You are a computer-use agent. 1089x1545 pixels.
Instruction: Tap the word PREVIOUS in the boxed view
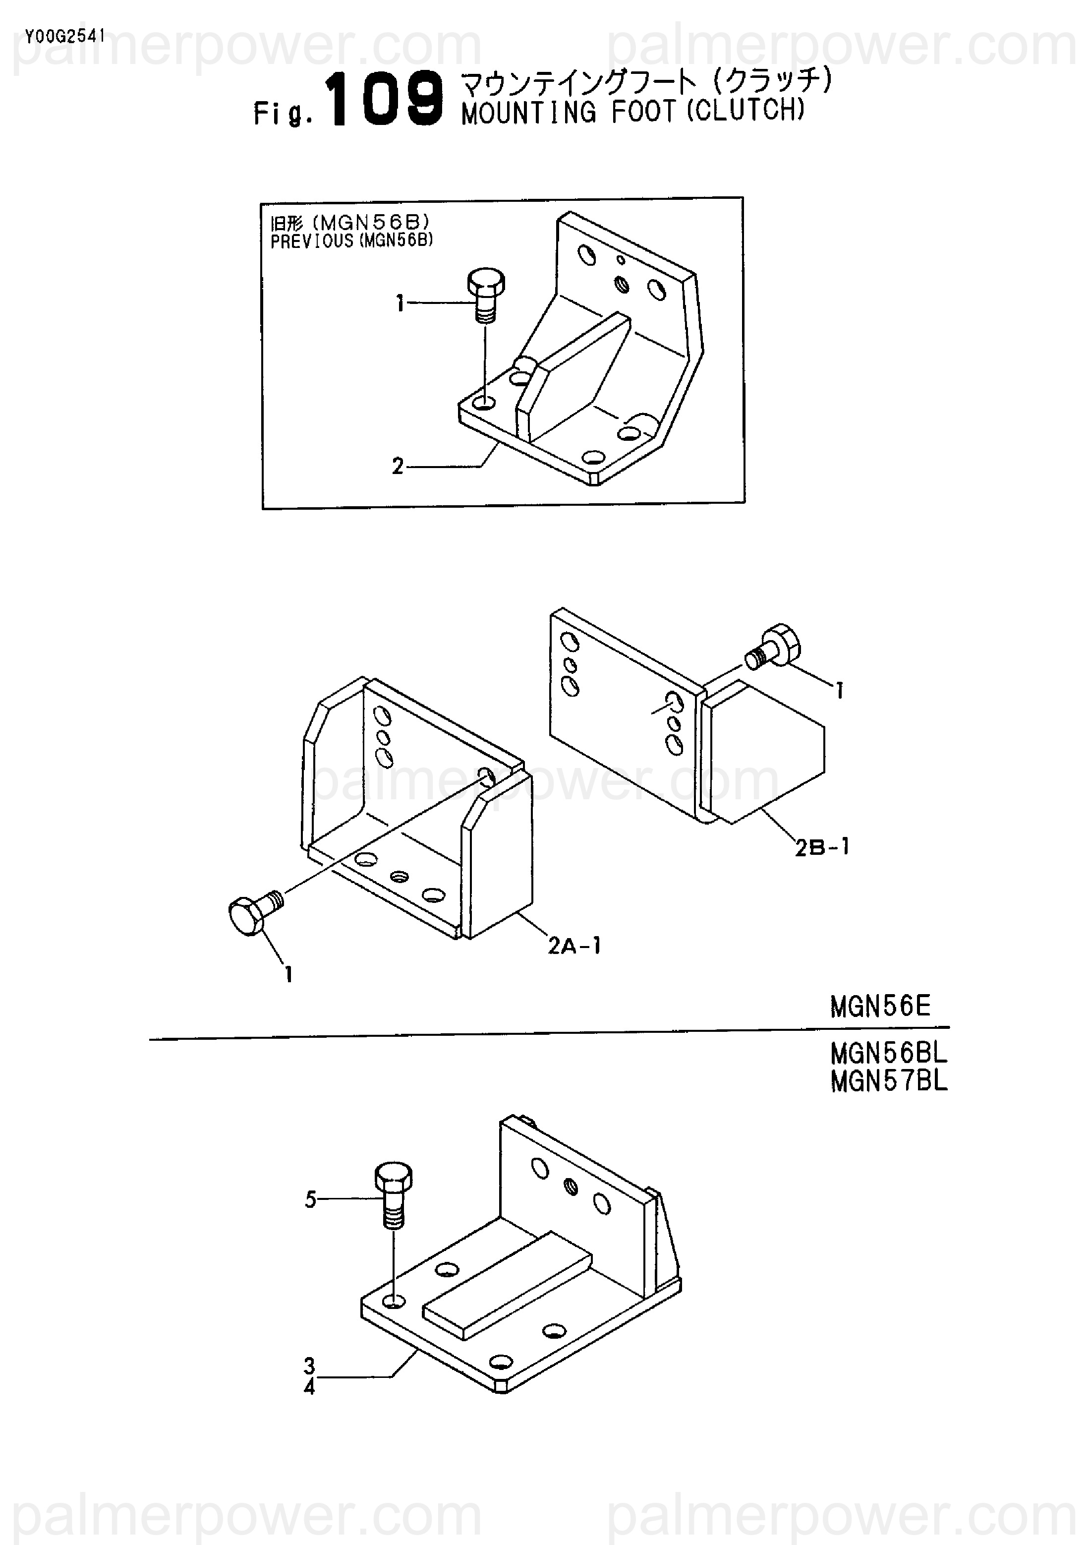311,241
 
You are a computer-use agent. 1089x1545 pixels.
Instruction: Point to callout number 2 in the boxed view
398,466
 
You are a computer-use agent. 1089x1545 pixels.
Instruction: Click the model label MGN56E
880,1006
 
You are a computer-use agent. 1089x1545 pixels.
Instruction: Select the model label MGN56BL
888,1053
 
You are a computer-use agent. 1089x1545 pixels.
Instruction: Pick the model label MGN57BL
888,1081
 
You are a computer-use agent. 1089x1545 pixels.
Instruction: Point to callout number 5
311,1199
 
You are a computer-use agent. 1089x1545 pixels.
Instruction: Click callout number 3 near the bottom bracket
309,1366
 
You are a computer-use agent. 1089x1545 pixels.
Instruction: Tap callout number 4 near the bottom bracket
309,1386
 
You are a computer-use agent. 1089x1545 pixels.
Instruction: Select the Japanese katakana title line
646,82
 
